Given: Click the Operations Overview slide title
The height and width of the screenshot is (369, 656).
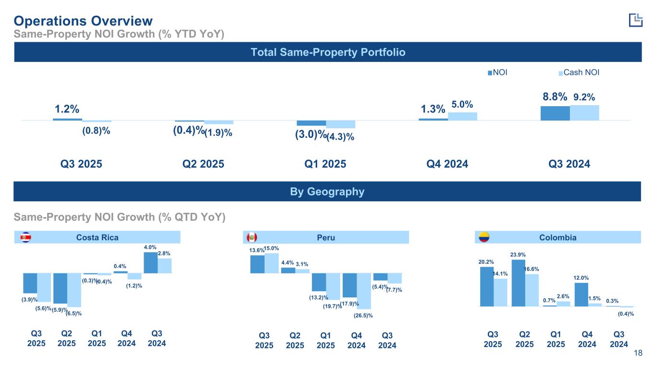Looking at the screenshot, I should point(83,21).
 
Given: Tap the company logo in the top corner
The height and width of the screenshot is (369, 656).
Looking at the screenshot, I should point(635,20).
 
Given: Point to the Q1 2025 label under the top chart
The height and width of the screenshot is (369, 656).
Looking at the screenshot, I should point(325,164).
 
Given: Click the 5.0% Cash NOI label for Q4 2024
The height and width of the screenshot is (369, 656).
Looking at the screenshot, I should point(462,104).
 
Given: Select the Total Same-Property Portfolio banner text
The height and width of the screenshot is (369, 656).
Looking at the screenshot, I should point(328,52).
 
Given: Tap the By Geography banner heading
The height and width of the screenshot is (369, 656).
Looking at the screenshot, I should point(328,192).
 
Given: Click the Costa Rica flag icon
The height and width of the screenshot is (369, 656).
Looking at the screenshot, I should point(26,237).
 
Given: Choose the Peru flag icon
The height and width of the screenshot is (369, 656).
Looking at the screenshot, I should point(252,237).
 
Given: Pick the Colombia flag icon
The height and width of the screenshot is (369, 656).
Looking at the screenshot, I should point(483,237).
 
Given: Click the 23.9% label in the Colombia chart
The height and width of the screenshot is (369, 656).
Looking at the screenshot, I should point(518,254).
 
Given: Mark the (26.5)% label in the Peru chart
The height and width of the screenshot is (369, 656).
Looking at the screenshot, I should point(363,316).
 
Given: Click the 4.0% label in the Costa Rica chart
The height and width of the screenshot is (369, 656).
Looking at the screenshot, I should point(150,247).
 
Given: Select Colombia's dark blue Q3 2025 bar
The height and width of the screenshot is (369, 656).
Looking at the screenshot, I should point(486,286).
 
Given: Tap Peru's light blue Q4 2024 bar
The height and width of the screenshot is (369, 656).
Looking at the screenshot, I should point(364,291).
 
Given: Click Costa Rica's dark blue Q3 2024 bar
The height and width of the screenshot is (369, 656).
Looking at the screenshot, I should point(150,263).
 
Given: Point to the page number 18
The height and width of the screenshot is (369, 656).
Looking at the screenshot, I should point(638,354).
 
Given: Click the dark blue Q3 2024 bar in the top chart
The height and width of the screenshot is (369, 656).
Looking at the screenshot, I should point(555,113).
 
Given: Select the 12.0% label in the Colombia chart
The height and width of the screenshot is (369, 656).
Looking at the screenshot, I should point(581,277).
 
